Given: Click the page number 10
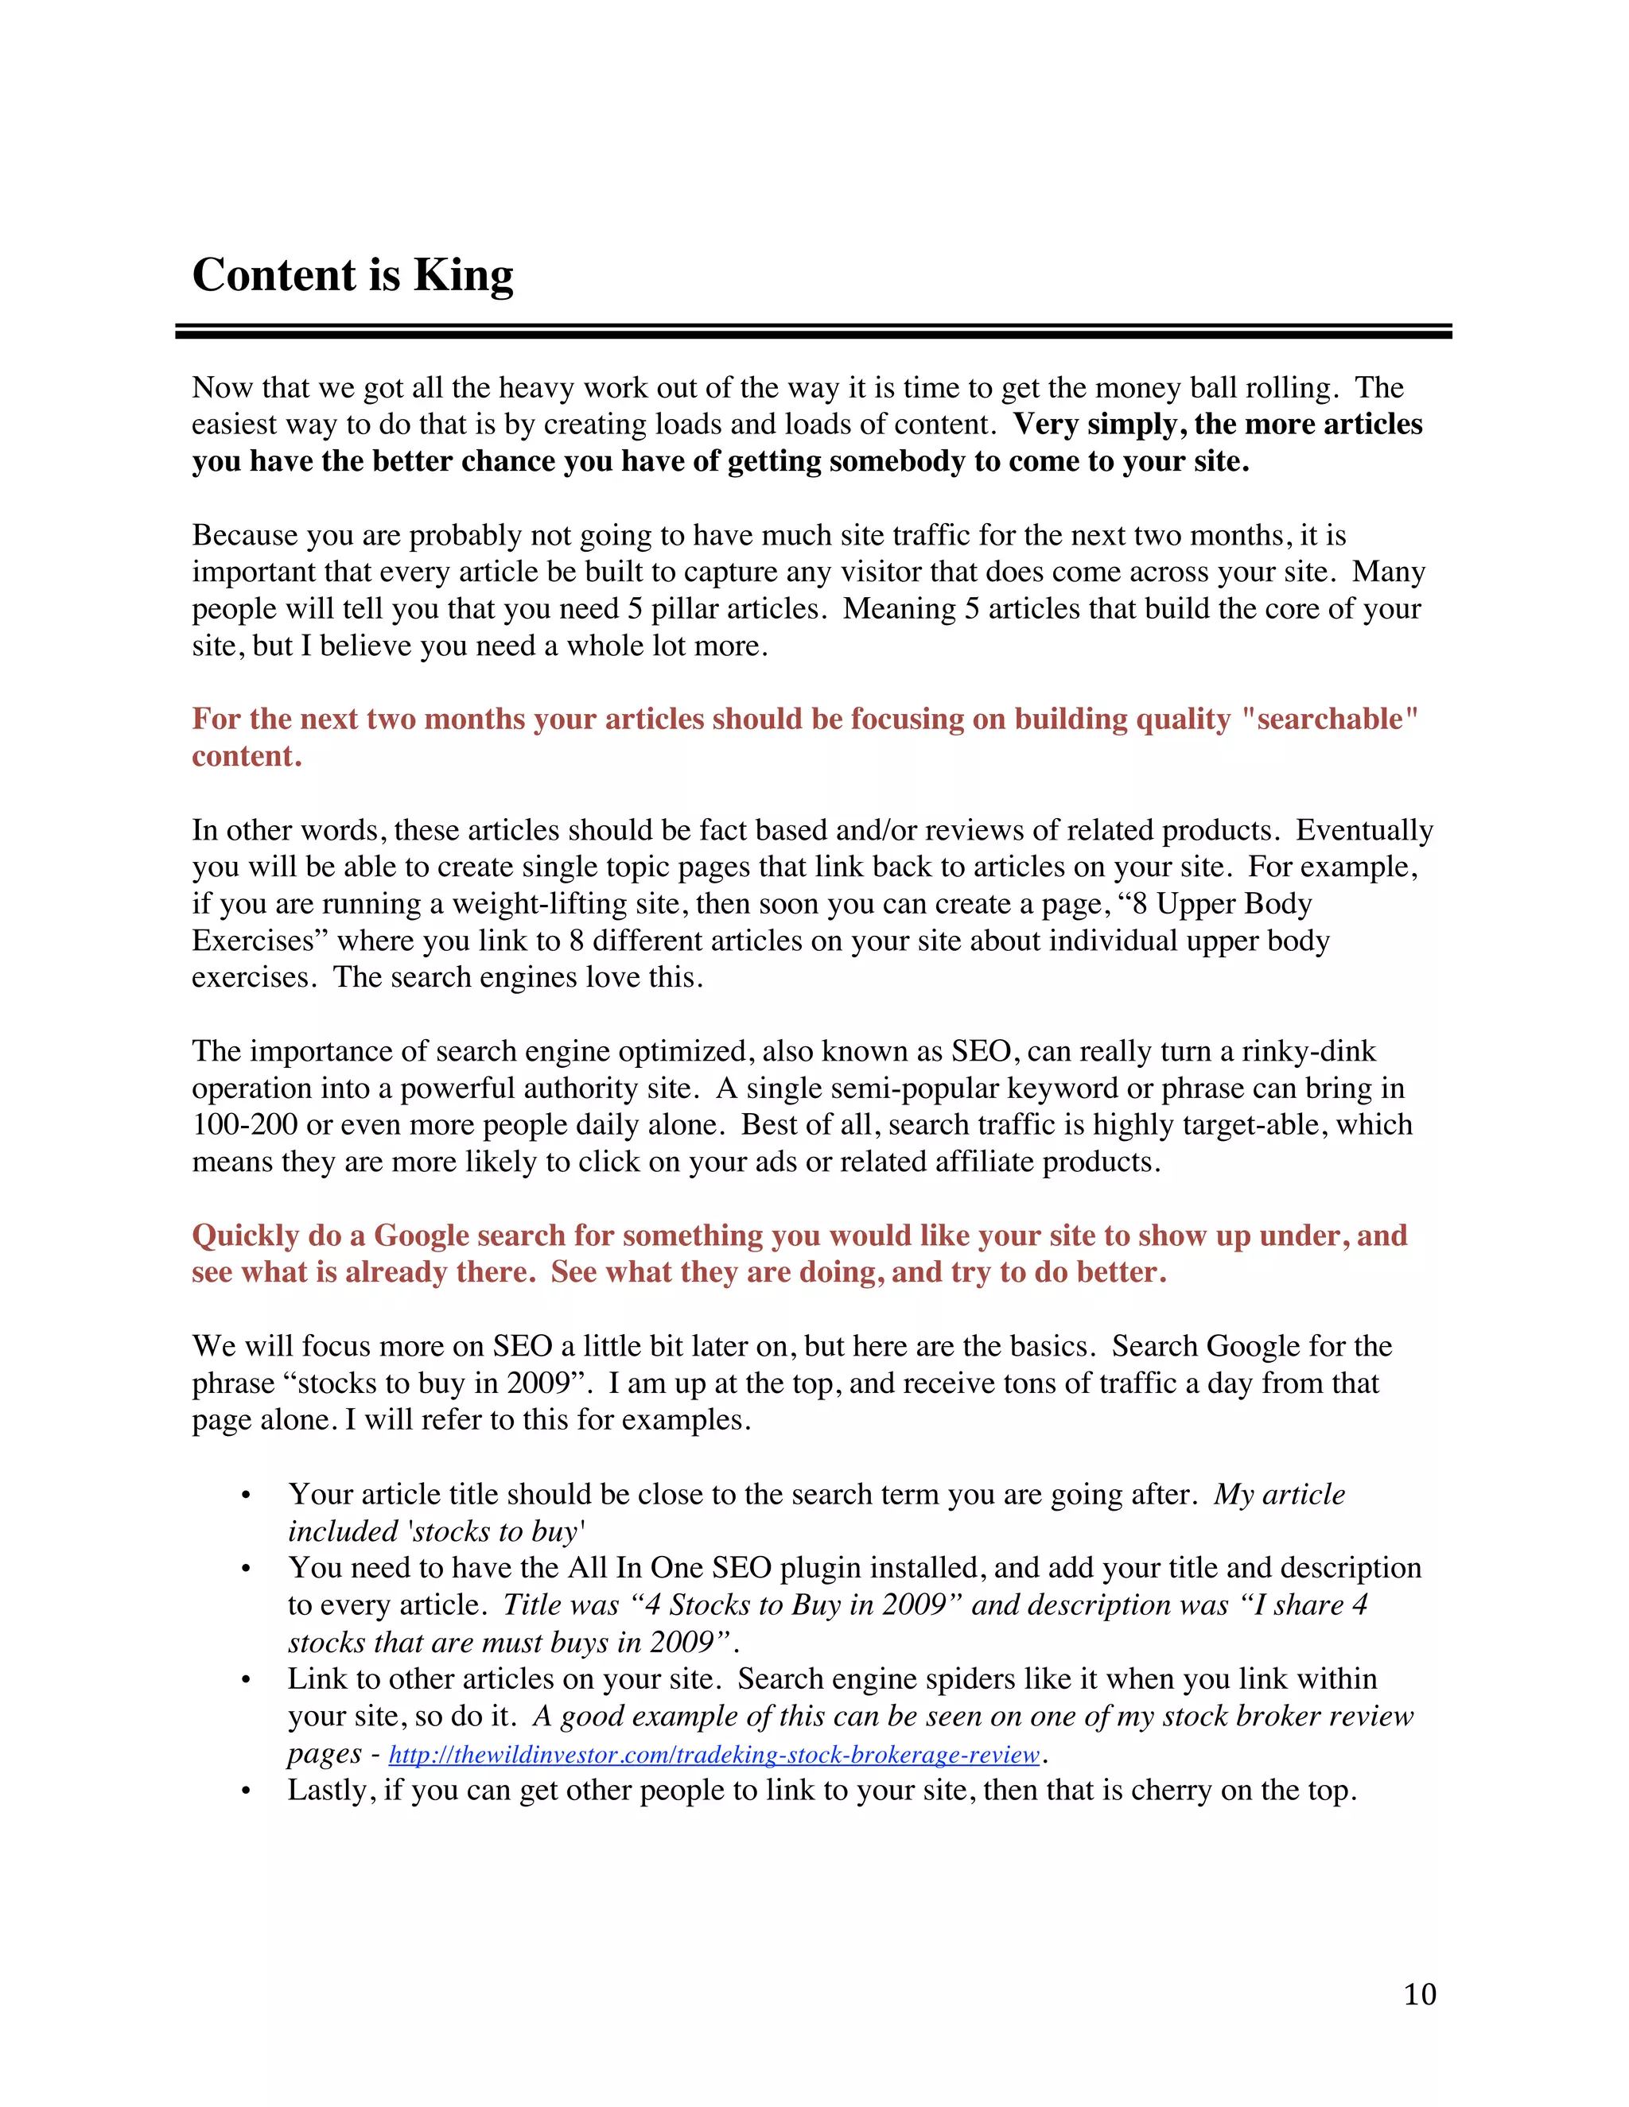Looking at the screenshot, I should click(x=1420, y=1993).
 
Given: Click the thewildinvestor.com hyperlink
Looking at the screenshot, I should click(x=714, y=1754).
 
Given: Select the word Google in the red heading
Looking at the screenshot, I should click(x=422, y=1236).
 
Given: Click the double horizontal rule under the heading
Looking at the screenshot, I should click(x=813, y=331).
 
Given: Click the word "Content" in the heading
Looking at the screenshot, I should click(x=274, y=276).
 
